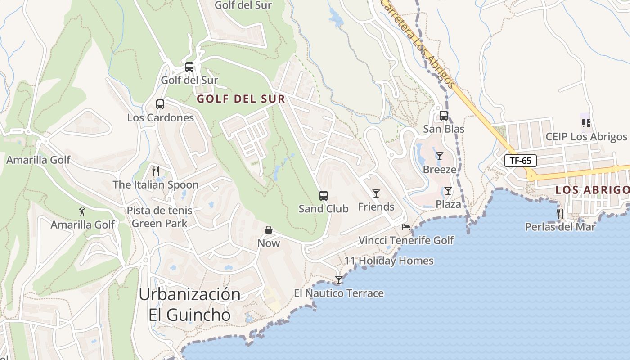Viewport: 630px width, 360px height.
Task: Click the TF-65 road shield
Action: (521, 161)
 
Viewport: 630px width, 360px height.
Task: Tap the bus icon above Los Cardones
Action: (160, 104)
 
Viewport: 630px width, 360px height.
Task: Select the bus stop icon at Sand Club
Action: (323, 196)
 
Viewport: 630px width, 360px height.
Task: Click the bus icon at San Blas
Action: (444, 116)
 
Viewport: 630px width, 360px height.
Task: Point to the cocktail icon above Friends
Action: (376, 193)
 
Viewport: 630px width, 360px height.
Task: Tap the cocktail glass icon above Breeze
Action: (440, 156)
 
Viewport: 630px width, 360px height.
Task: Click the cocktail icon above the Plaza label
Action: (448, 191)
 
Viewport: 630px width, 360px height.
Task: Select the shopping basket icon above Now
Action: (269, 230)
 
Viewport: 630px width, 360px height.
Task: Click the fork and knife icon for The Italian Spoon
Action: (156, 171)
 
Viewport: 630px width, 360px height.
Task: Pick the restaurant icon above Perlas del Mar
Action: (560, 213)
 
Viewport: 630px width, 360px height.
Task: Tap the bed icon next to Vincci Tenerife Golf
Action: (406, 227)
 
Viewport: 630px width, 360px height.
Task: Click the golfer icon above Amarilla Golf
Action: (82, 211)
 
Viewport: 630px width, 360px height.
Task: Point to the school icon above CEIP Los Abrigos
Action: (586, 123)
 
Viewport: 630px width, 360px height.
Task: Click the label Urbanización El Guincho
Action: (189, 304)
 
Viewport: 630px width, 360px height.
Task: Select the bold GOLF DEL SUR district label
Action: (241, 99)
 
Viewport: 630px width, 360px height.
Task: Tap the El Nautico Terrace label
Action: (339, 293)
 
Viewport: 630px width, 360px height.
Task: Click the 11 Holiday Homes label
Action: (389, 261)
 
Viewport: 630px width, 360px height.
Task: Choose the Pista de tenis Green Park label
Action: (159, 216)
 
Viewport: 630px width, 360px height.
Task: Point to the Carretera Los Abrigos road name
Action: (418, 45)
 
